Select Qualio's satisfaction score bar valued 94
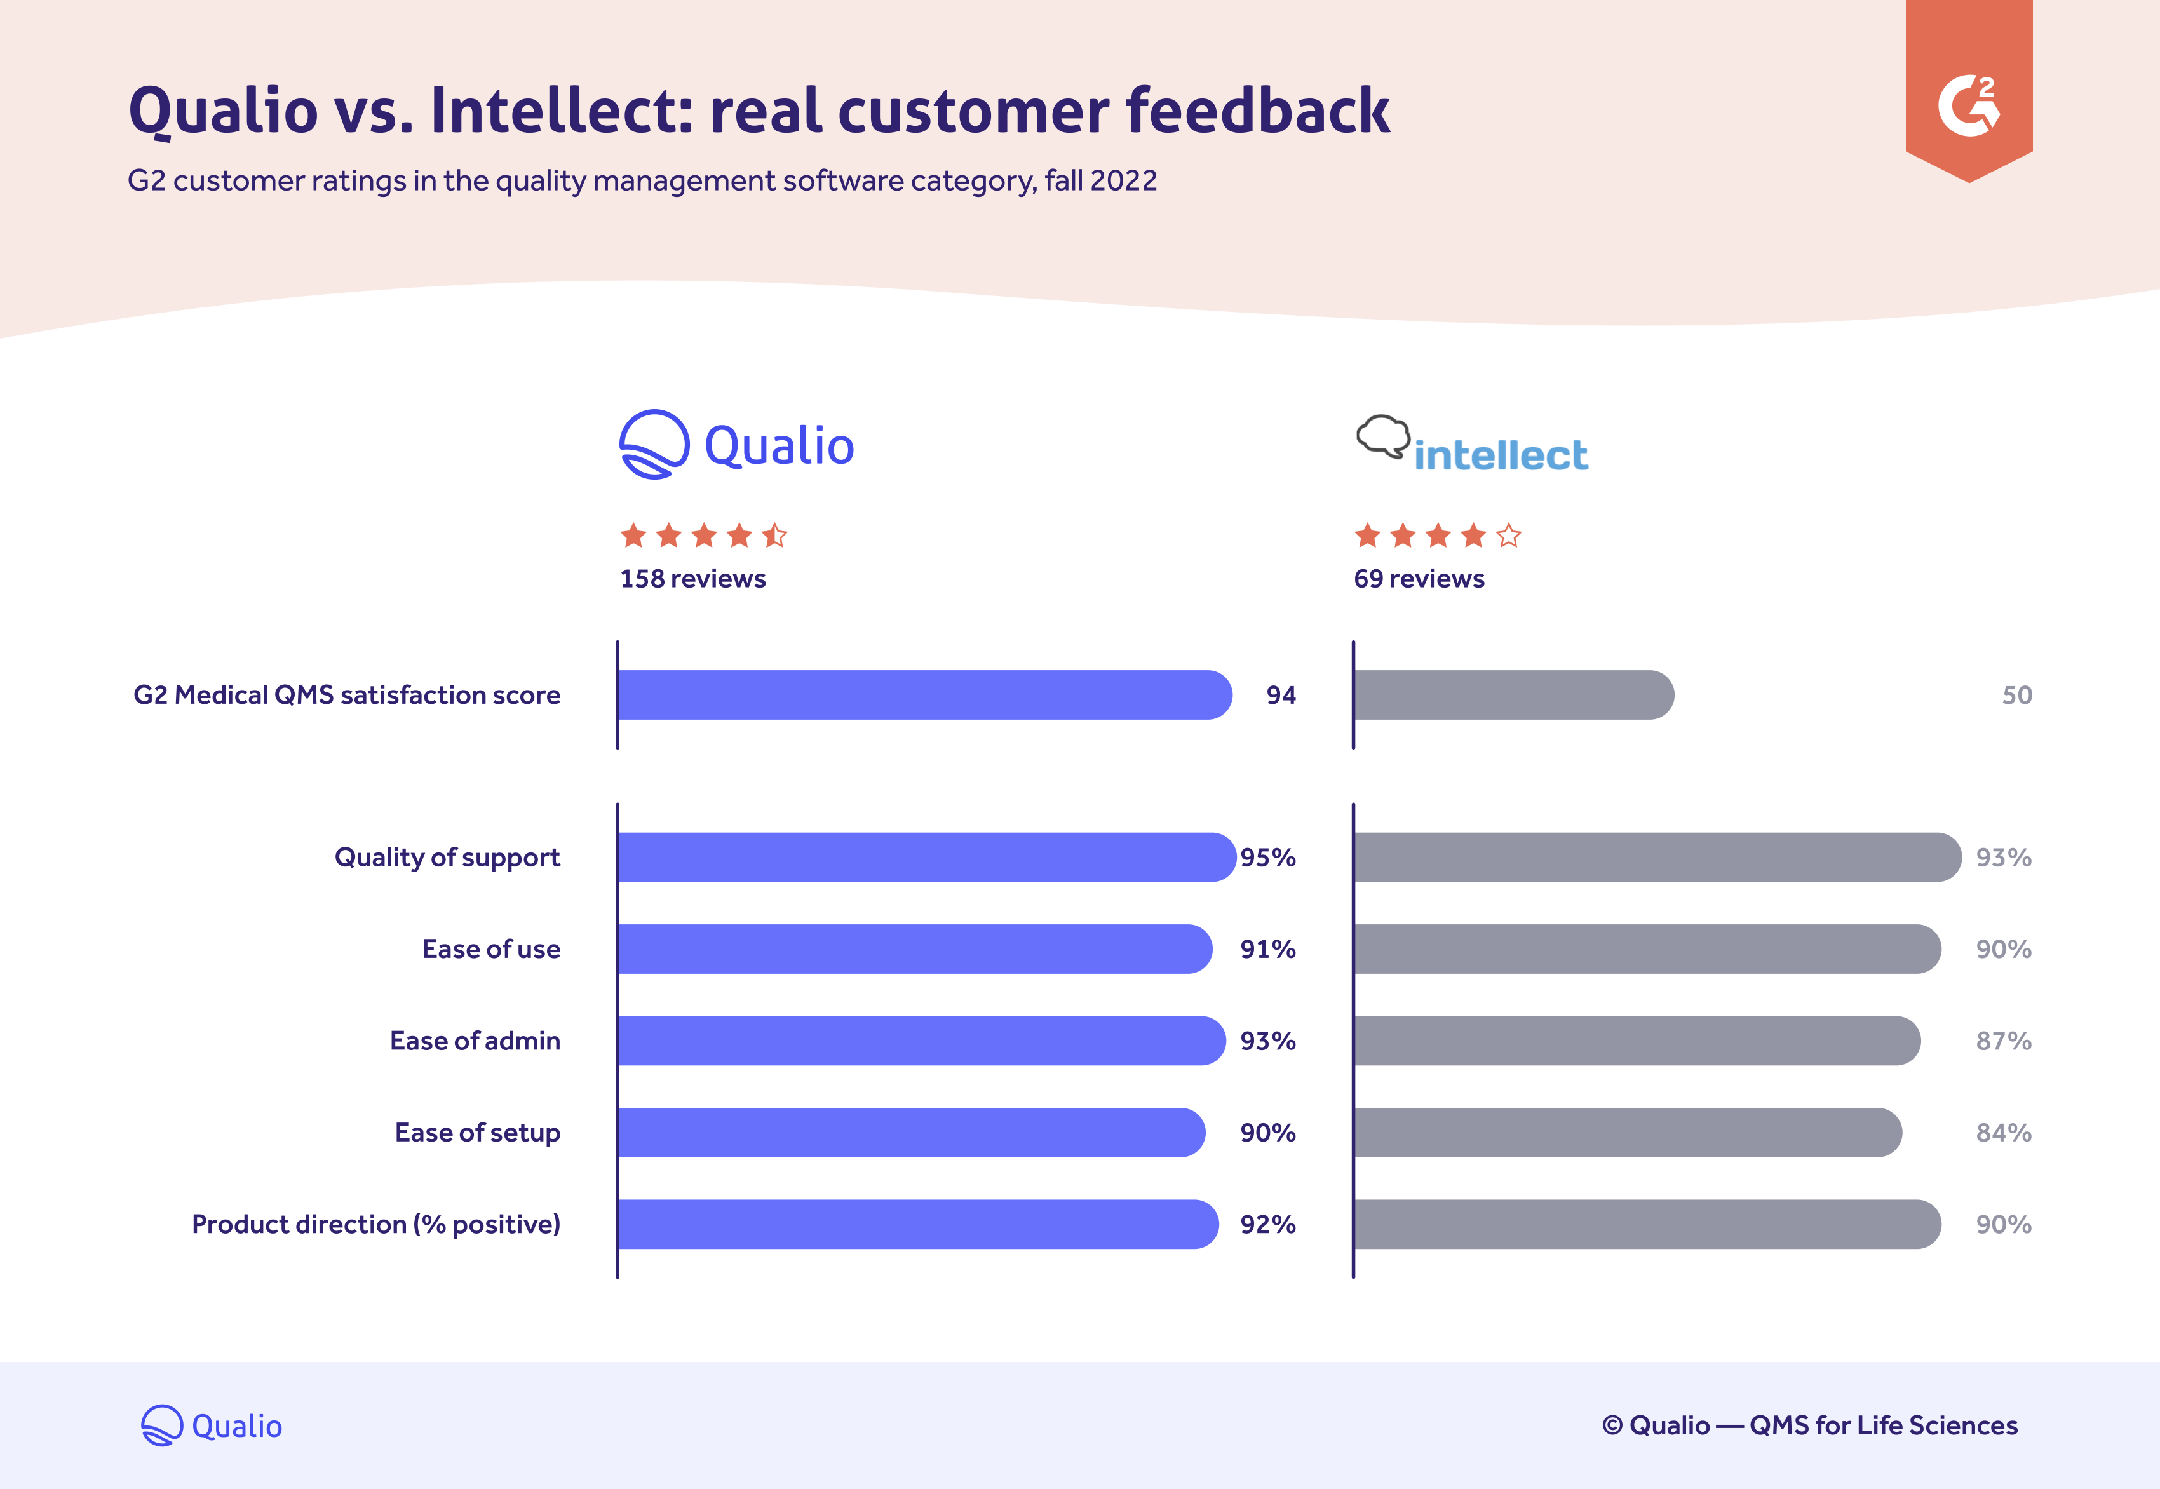click(x=924, y=695)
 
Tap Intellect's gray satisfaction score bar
click(x=1511, y=695)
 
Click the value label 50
click(x=2016, y=695)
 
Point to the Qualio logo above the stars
click(x=737, y=445)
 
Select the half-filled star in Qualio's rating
click(x=774, y=536)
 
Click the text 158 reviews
click(x=692, y=579)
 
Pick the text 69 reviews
click(x=1418, y=579)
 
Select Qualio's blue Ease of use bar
click(x=914, y=949)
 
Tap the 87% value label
click(x=2003, y=1041)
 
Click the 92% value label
click(x=1267, y=1224)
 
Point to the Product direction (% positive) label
click(x=376, y=1224)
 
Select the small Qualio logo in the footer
click(x=212, y=1425)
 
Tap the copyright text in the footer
click(x=1809, y=1425)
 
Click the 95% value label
click(x=1267, y=858)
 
